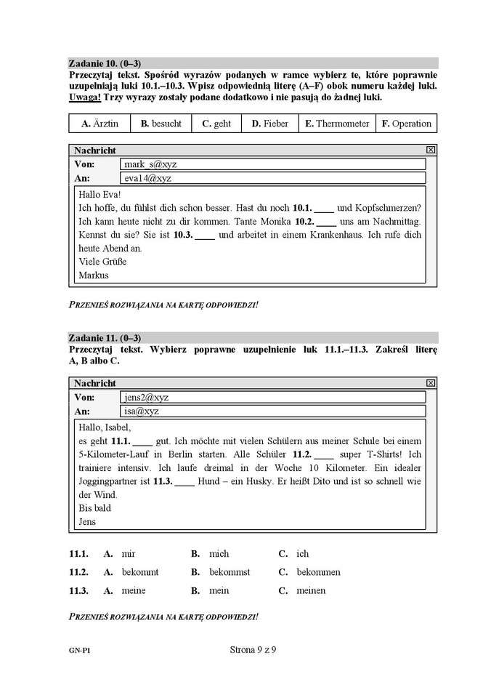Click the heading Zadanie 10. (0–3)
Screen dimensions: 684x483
point(105,63)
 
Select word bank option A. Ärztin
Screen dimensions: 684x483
point(100,124)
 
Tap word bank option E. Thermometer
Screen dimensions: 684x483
point(337,124)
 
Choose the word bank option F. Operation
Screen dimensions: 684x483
point(406,124)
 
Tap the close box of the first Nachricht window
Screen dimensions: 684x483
point(430,150)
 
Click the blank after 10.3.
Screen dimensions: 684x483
point(206,236)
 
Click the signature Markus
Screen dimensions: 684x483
point(93,275)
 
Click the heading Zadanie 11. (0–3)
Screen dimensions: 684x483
point(105,338)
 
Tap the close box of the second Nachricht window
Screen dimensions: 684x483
point(430,383)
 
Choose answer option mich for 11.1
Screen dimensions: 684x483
point(219,554)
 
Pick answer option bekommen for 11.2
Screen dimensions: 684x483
point(318,572)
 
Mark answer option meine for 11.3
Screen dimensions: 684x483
point(134,591)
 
